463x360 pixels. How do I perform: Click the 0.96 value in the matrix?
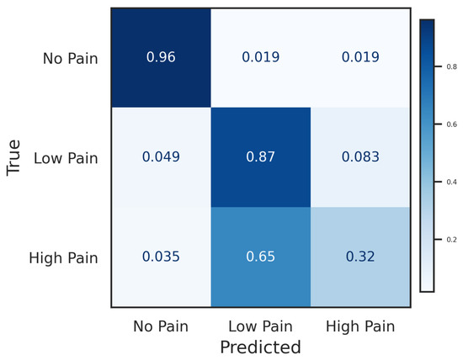(161, 57)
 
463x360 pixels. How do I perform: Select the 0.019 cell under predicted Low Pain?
(260, 57)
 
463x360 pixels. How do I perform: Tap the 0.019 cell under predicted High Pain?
(360, 57)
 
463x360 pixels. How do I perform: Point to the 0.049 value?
(161, 156)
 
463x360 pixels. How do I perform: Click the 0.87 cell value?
(260, 156)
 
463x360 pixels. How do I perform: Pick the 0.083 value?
(360, 156)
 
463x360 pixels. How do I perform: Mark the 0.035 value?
(161, 257)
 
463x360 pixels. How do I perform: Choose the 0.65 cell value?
(260, 257)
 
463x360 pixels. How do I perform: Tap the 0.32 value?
(360, 257)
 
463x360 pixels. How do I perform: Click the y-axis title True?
(13, 158)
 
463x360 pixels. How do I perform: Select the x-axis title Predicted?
(260, 347)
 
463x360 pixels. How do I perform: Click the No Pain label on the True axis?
(70, 58)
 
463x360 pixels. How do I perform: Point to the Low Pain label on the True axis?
(66, 158)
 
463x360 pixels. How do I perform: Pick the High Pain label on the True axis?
(63, 258)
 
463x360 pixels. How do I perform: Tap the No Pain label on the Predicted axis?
(161, 326)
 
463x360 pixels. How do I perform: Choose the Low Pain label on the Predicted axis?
(260, 326)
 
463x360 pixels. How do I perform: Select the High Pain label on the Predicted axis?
(360, 326)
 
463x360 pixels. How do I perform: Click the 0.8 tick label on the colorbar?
(452, 66)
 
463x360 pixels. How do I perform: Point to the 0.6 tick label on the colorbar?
(452, 124)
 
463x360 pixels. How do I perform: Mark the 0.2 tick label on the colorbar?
(452, 240)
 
